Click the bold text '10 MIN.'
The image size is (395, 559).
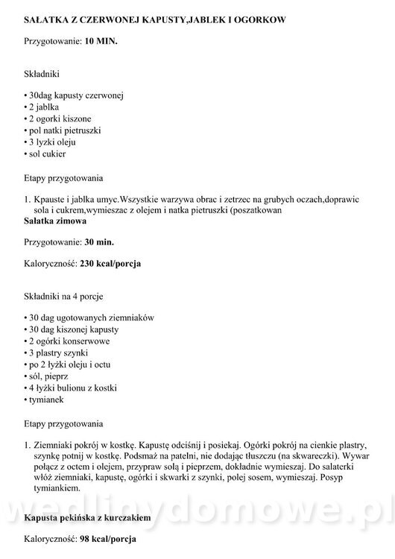pos(101,42)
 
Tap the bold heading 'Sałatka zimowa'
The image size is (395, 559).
pos(55,221)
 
